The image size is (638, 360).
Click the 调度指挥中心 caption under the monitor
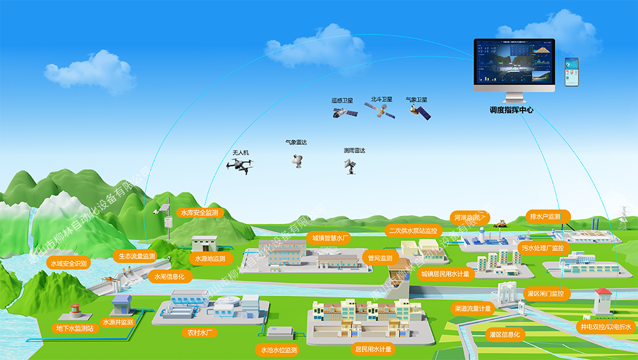tap(511, 110)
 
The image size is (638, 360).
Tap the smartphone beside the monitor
tap(571, 72)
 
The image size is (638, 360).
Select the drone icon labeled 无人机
tap(239, 165)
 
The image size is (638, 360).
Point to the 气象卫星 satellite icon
tap(419, 112)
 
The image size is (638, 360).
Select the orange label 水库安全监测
tap(200, 212)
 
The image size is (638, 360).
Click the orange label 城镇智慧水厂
tap(329, 237)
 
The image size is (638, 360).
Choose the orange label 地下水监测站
tap(75, 328)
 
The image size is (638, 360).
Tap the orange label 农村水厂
tap(200, 333)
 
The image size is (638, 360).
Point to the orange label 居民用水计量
tap(373, 349)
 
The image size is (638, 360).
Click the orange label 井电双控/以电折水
tap(605, 327)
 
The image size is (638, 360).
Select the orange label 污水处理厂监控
tap(542, 248)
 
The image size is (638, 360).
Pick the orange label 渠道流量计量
tap(473, 308)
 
